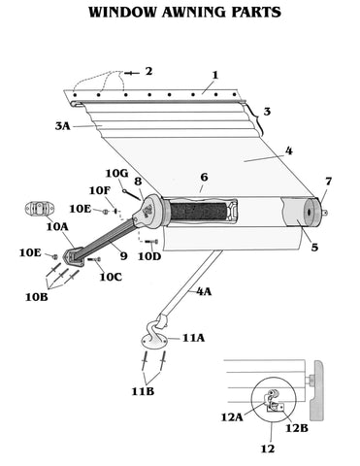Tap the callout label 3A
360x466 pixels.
(62, 126)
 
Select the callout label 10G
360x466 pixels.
(116, 174)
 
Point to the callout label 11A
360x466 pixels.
(193, 338)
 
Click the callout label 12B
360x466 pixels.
(296, 428)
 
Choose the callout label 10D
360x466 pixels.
(149, 256)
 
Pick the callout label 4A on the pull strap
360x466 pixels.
(204, 291)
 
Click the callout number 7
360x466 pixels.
(328, 182)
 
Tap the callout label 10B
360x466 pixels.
(37, 297)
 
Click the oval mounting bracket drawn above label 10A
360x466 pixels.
(39, 208)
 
